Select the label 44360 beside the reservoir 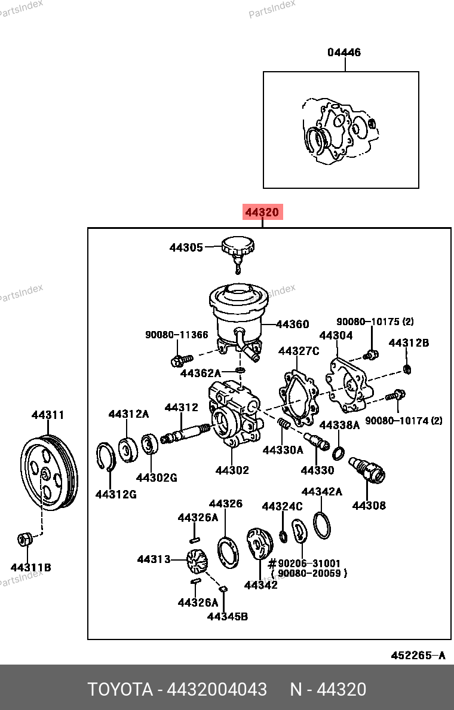293,325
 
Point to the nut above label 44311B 24,539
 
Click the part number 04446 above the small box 343,53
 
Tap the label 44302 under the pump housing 232,470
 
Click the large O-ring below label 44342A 321,525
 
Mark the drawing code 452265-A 418,656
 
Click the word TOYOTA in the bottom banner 120,690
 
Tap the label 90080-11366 177,335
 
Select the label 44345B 227,616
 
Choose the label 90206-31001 309,563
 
